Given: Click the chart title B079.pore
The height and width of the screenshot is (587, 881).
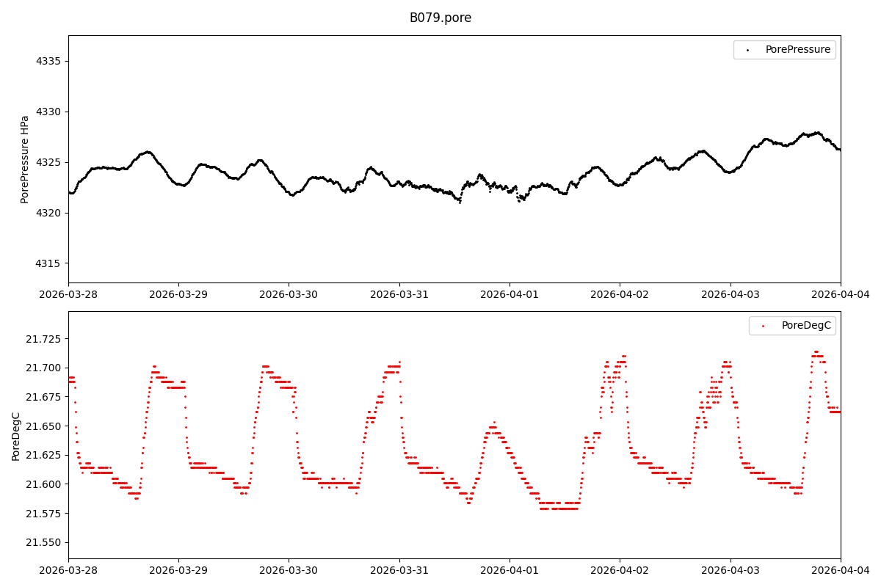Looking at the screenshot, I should coord(440,18).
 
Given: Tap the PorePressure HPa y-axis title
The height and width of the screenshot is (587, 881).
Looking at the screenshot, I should coord(25,159).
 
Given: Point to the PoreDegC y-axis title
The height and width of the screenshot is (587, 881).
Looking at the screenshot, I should coord(16,436).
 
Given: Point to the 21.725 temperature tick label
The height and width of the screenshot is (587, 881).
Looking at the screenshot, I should coord(44,339).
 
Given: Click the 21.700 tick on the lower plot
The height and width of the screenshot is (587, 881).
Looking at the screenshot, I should coord(44,368).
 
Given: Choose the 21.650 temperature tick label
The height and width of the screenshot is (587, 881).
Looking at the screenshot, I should coord(44,426).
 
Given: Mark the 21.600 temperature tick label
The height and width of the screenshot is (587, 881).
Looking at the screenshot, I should coord(44,484).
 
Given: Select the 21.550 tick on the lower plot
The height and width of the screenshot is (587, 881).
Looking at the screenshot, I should coord(44,542).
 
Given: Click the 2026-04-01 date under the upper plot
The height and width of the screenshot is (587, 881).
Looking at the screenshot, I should coord(510,295).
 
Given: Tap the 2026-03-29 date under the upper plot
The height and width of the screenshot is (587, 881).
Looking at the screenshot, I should coord(178,295).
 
